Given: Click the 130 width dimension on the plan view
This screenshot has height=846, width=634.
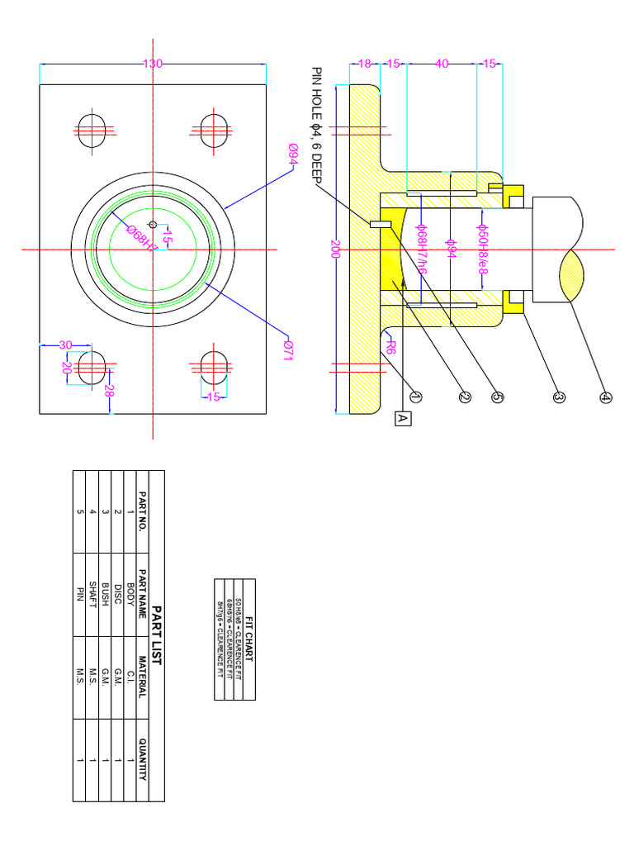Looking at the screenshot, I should (x=153, y=64).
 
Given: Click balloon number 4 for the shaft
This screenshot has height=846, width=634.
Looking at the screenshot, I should (x=606, y=397).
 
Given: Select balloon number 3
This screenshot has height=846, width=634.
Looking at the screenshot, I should (x=558, y=397).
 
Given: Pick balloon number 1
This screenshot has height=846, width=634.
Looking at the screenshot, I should (x=415, y=397).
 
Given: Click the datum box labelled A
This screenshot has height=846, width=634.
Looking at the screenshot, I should (x=403, y=419).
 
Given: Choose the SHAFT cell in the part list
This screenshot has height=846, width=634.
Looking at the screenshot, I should (x=93, y=594).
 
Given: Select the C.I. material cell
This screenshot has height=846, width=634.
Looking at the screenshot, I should (x=130, y=677).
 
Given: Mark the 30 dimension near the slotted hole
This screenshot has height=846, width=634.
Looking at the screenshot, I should (x=64, y=345).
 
